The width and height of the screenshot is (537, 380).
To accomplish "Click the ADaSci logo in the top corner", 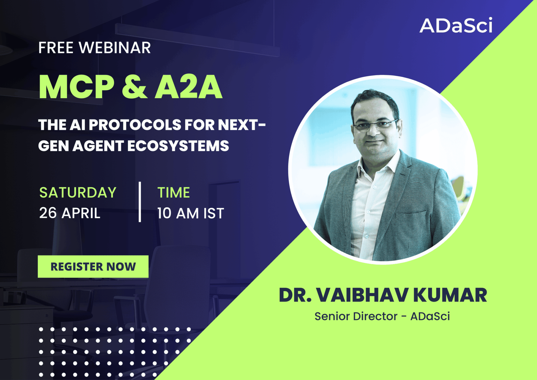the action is click(456, 25).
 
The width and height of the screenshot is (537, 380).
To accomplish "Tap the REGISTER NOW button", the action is click(93, 266).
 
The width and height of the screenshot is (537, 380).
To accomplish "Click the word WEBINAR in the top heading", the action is click(115, 48).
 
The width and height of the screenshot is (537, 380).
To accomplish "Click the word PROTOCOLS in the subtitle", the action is click(135, 125).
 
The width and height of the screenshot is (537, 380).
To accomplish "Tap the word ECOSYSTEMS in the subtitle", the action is click(178, 146).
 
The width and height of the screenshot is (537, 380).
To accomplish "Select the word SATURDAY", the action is click(78, 193).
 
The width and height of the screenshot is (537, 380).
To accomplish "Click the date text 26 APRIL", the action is click(70, 213).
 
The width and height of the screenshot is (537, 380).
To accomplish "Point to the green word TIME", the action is click(174, 193).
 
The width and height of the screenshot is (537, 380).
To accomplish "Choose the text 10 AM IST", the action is click(191, 213).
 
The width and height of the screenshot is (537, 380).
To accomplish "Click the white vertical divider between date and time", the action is click(140, 202).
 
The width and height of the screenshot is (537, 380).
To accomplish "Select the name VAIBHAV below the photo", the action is click(362, 295).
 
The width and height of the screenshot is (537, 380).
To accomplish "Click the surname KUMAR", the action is click(450, 295).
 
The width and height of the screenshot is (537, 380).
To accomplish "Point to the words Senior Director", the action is click(356, 316).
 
